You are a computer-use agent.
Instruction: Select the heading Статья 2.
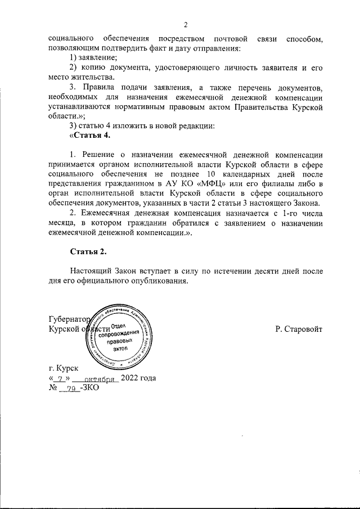click(x=88, y=251)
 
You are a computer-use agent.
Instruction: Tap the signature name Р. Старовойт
click(x=299, y=328)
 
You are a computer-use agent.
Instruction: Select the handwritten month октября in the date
click(x=96, y=379)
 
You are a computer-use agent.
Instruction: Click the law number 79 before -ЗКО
click(x=73, y=389)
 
